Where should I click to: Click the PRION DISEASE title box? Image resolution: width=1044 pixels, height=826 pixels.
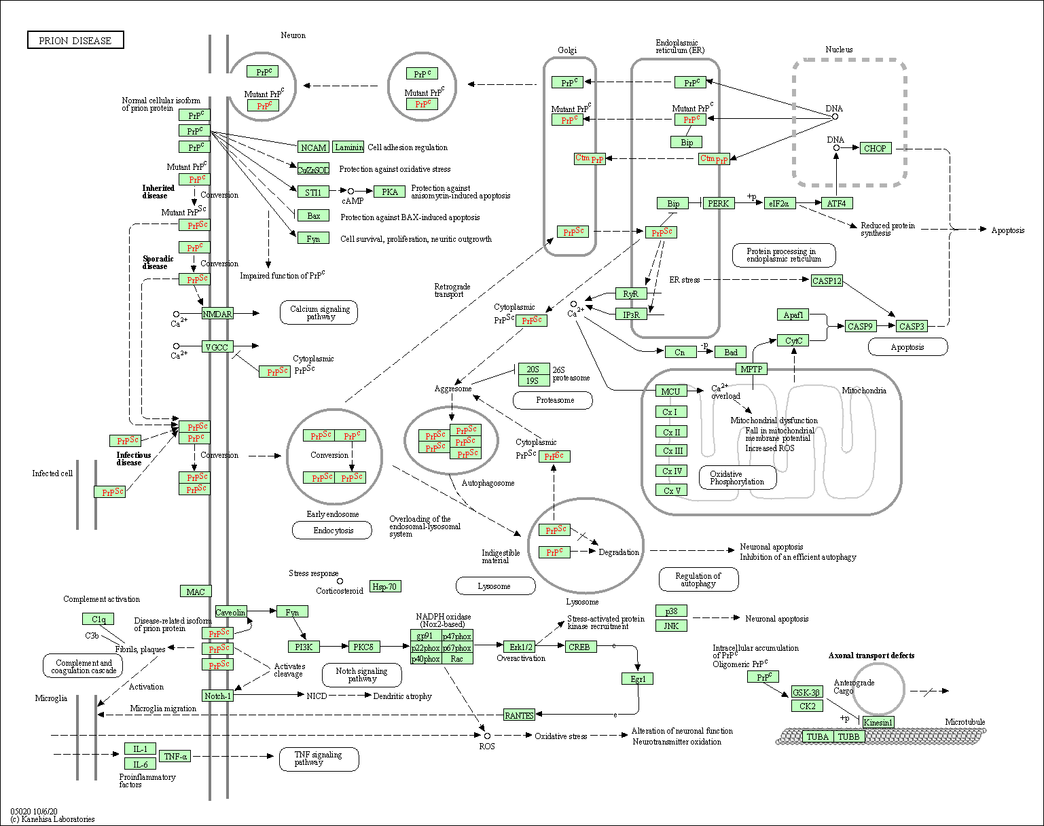[75, 41]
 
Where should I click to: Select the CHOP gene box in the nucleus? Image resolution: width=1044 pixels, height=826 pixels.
[875, 148]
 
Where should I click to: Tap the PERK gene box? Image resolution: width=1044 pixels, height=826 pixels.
[718, 203]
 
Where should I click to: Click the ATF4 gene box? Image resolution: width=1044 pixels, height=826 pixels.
[836, 203]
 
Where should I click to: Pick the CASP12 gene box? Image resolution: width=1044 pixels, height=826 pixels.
[827, 281]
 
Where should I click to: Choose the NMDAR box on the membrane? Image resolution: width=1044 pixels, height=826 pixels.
[217, 314]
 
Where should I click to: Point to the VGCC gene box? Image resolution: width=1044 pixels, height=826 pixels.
[217, 347]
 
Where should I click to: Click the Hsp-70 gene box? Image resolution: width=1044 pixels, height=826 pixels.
[385, 586]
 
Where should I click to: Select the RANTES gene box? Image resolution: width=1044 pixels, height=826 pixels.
[519, 715]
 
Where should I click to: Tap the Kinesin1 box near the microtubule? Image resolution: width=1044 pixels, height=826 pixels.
[878, 722]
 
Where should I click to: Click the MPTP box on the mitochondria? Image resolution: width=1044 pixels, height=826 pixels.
[751, 369]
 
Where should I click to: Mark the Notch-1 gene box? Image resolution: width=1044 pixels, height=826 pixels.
[217, 696]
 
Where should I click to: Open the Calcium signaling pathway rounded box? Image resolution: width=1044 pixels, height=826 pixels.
[319, 312]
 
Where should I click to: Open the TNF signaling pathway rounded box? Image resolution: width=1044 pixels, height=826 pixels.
[319, 759]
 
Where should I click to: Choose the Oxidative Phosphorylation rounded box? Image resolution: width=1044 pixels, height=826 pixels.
[737, 478]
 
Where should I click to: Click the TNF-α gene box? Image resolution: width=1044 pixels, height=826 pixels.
[175, 756]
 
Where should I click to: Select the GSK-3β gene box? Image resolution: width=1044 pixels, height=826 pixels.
[807, 692]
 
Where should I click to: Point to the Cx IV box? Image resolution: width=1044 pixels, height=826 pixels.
[672, 471]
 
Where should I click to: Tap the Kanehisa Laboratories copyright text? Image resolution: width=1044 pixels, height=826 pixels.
[52, 819]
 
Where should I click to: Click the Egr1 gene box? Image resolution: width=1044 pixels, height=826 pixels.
[637, 679]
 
